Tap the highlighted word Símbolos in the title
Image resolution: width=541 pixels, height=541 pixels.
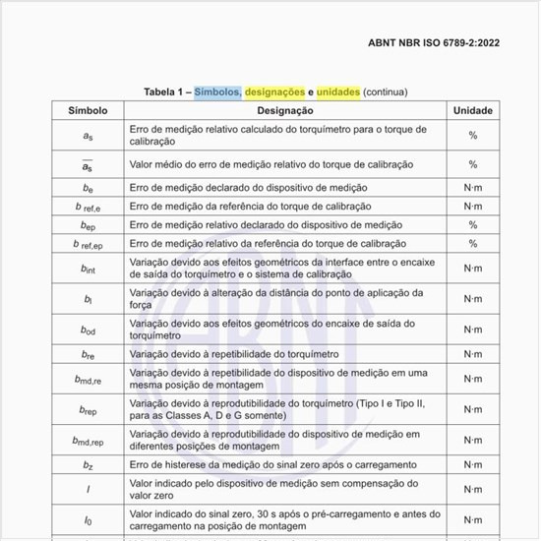[217, 91]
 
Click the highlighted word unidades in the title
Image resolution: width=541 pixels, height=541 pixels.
[336, 91]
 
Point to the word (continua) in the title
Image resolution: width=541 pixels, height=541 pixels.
[385, 91]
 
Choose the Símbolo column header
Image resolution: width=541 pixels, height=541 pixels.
[88, 111]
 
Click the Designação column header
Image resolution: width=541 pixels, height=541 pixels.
[286, 111]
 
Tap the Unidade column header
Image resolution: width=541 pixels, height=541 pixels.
[472, 111]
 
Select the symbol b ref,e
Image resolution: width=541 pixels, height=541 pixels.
[88, 206]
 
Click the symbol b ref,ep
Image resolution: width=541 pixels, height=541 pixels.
[88, 243]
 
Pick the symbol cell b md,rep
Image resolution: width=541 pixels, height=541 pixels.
[88, 442]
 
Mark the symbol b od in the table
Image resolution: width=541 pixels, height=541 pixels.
[88, 330]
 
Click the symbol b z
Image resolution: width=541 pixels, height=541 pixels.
[88, 465]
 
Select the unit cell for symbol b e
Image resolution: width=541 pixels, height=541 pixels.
[472, 187]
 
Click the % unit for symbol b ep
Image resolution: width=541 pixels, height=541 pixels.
[472, 224]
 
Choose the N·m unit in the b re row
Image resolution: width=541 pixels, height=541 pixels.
[472, 354]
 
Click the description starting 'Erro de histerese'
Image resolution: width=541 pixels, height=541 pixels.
[286, 464]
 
